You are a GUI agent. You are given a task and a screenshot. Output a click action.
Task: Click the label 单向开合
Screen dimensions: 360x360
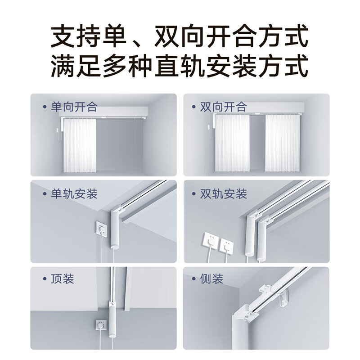coord(74,107)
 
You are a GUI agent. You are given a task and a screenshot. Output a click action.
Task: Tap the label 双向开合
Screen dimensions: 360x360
coord(223,107)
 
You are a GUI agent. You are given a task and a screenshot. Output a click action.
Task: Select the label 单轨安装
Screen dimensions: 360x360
coord(74,194)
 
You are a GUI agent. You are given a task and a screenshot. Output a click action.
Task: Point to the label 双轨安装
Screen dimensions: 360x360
coord(223,194)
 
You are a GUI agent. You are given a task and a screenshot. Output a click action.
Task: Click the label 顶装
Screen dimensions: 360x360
coord(63,279)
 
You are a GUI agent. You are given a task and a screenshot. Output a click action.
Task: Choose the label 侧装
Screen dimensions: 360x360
coord(211,279)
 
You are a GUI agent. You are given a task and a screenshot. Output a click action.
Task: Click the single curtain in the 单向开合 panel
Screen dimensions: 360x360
coord(80,145)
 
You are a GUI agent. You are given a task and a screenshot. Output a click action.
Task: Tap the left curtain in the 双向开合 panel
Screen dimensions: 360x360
coord(232,143)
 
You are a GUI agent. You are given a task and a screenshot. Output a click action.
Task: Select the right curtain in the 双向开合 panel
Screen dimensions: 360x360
coord(283,143)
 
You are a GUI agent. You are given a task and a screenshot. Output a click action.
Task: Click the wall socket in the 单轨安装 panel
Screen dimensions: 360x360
coord(101,229)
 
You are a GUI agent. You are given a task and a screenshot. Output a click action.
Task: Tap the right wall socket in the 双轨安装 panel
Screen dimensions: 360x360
coord(226,246)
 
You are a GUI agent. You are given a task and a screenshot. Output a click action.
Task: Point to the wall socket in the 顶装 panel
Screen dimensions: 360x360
coord(101,325)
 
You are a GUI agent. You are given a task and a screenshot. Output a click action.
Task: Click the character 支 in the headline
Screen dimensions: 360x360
coord(63,36)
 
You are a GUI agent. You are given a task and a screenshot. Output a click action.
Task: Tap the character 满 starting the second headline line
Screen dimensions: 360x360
coord(63,66)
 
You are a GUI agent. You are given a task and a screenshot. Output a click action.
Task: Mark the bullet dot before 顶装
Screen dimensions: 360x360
coord(45,279)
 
